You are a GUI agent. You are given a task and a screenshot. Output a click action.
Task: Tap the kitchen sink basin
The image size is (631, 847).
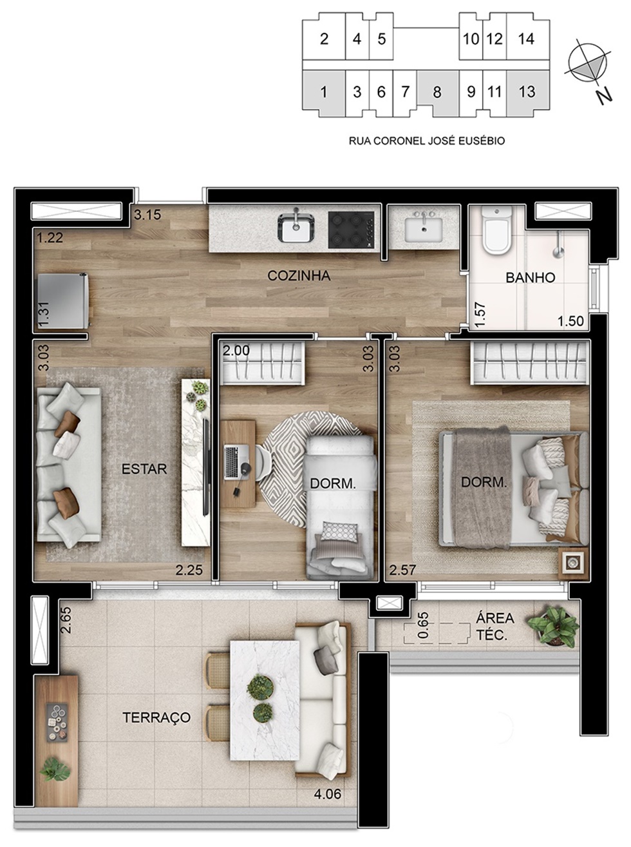296,228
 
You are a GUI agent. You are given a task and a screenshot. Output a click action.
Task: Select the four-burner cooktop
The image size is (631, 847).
351,230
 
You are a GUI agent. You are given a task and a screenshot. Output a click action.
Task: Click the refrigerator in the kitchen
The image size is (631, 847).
63,301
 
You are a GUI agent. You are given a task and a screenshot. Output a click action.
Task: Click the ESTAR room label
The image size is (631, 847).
144,469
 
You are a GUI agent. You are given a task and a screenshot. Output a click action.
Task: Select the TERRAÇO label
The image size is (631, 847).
156,717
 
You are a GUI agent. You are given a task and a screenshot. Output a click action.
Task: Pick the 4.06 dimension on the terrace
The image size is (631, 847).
328,793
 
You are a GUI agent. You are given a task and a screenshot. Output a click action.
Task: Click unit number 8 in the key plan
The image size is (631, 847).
437,92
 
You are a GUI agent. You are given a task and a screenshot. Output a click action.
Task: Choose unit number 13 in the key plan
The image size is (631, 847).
527,92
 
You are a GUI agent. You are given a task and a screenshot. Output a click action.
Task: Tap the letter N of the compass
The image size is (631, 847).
605,95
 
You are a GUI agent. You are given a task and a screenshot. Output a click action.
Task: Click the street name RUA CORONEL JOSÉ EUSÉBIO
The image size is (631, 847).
427,141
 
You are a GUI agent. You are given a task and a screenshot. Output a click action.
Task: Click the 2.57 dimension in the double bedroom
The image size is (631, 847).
402,570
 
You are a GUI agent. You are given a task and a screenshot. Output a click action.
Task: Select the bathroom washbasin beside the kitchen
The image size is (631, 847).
424,229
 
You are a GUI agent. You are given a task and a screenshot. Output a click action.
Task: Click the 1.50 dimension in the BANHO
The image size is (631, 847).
571,320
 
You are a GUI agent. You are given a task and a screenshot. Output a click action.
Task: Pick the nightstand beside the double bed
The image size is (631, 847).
574,563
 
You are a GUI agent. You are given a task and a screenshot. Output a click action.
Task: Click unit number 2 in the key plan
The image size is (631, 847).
324,39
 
